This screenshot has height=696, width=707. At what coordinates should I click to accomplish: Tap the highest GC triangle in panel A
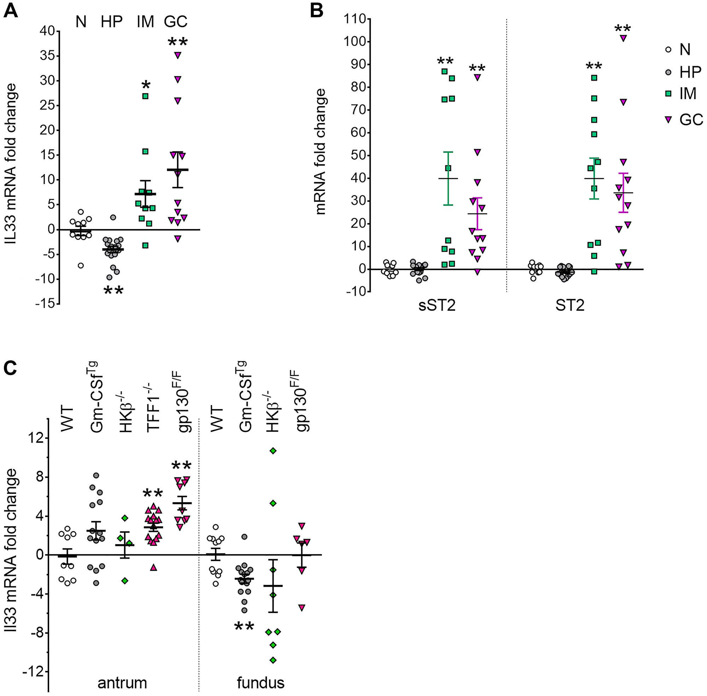(x=178, y=55)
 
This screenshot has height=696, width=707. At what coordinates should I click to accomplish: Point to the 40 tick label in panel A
(x=47, y=31)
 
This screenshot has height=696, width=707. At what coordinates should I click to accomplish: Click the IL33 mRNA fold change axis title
(x=11, y=164)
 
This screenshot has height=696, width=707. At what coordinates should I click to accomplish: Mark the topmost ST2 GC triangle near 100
(x=623, y=38)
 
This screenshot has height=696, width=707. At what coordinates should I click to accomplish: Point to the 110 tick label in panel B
(x=356, y=19)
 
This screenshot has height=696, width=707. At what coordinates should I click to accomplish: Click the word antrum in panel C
(x=122, y=682)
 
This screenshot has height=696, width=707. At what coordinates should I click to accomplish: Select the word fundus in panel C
(x=260, y=682)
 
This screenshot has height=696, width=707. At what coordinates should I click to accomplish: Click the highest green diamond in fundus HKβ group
(x=273, y=451)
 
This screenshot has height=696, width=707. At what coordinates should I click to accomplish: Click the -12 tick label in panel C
(x=34, y=671)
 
